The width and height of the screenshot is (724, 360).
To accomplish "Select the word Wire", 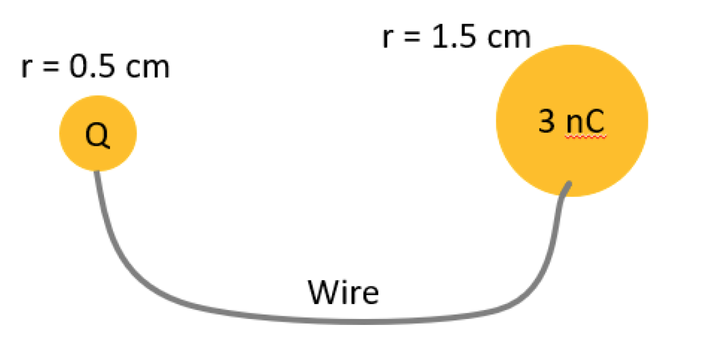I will point(343,292).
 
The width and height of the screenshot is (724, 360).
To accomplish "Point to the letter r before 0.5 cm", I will point(25,68).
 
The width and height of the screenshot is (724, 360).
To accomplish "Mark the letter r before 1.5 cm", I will point(387,38).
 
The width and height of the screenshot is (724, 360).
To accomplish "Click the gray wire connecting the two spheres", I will point(338,320).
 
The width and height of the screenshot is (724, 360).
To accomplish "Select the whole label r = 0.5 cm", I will point(95,67).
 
